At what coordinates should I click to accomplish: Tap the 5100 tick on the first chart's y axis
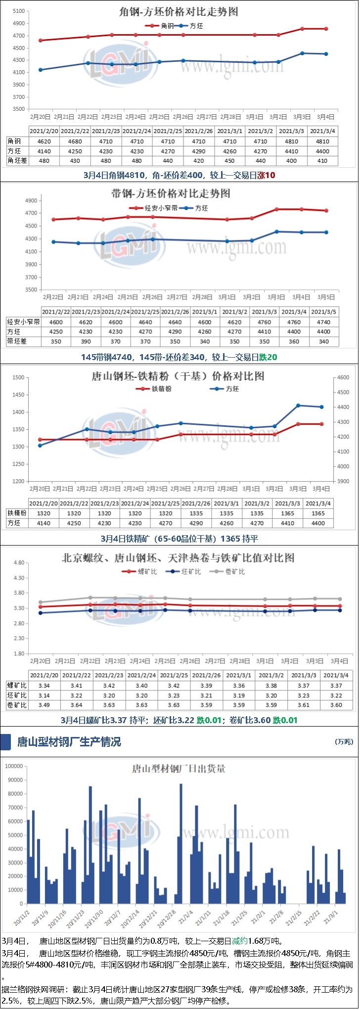click(18, 11)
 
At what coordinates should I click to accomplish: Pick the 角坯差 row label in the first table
click(17, 161)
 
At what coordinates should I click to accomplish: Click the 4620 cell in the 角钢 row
click(44, 141)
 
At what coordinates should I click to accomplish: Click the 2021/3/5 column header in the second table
click(324, 312)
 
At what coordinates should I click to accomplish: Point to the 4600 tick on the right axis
click(343, 377)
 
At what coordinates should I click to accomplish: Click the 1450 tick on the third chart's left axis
click(18, 395)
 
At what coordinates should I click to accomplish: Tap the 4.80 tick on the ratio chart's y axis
click(18, 563)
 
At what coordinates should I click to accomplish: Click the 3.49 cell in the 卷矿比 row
click(44, 705)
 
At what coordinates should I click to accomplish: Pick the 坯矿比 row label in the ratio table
click(17, 695)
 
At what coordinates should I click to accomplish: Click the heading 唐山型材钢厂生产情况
click(69, 742)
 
